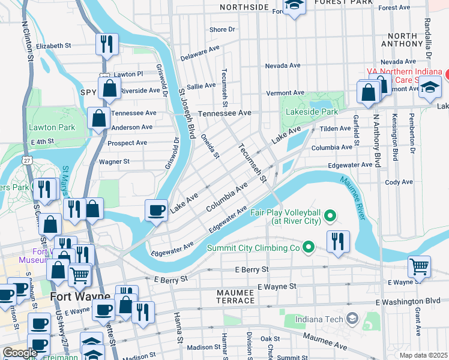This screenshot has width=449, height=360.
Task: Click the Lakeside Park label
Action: pos(313,112)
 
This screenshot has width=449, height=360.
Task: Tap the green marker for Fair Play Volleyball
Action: pos(330,215)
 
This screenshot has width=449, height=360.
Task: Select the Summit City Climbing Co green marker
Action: pos(309,247)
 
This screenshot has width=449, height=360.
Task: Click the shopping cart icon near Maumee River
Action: pos(419,265)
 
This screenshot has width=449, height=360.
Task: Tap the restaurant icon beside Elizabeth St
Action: pos(107,43)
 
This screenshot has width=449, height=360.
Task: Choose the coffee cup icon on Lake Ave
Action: pos(157,210)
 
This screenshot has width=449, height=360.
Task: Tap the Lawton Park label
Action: pos(52,127)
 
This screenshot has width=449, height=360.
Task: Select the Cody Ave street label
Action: pos(400,182)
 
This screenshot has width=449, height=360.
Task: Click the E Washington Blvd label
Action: pos(408,301)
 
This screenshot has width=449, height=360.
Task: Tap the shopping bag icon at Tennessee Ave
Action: pos(97,118)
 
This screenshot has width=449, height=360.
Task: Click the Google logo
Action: pos(20,353)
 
